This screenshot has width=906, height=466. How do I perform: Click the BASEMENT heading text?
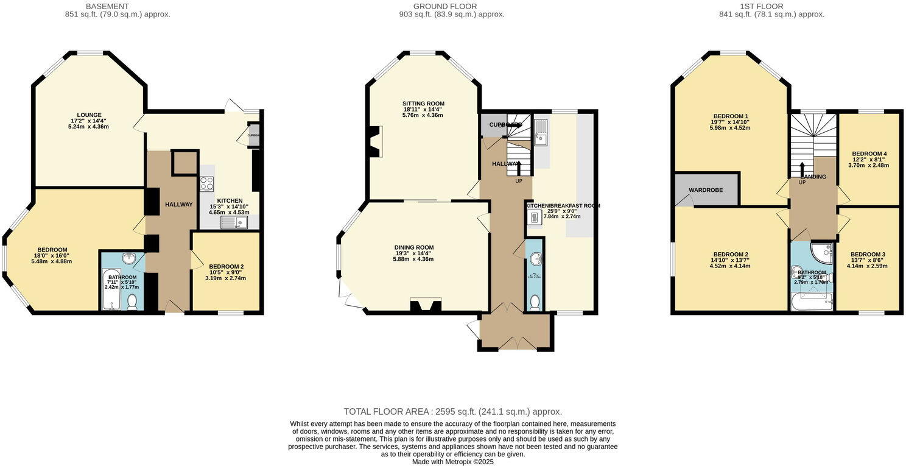coord(118,6)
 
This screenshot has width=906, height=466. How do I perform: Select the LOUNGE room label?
coord(89,115)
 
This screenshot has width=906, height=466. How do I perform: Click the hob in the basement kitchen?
coord(206,183)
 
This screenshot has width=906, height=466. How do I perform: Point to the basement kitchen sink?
coord(234,223)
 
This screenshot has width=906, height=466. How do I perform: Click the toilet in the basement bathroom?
coord(132,300)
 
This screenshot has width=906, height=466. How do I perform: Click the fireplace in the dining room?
coord(426,306)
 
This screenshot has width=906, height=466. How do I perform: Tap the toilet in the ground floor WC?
coord(535,302)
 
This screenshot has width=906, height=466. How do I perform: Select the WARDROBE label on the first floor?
coord(706,190)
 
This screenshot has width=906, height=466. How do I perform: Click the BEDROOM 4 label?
coord(869,154)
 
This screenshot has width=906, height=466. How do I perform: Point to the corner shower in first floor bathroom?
coord(823,250)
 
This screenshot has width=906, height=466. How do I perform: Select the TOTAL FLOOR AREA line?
coord(452,412)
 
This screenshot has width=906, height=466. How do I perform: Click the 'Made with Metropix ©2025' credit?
coord(452,462)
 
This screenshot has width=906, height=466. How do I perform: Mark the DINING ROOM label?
coord(413,247)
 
